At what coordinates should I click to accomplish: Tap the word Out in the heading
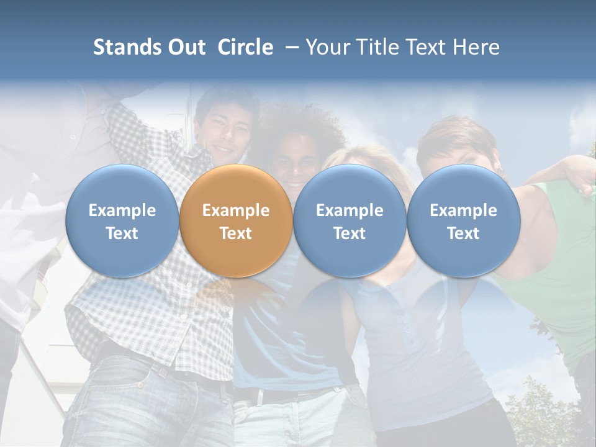click(x=186, y=47)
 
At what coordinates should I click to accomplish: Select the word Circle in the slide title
click(x=245, y=47)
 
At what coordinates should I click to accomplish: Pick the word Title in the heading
click(x=381, y=47)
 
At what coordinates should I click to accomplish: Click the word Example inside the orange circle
click(x=236, y=210)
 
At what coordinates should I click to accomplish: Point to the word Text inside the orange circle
click(x=236, y=233)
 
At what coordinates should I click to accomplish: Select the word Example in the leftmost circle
click(x=122, y=210)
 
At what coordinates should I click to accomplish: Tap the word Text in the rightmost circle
click(x=464, y=233)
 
